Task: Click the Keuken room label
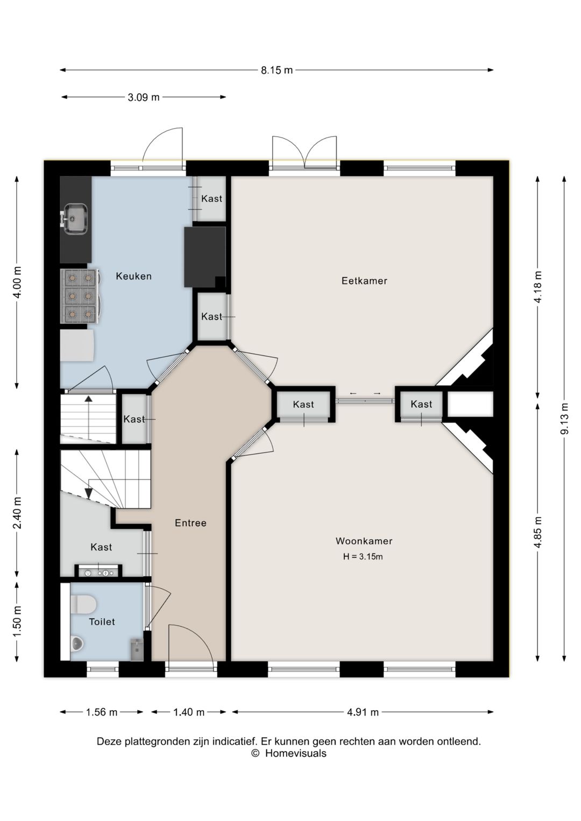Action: point(134,276)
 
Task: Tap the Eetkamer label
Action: point(364,281)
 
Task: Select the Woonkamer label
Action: point(364,541)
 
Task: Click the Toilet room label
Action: point(102,621)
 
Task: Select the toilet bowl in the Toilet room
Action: point(84,604)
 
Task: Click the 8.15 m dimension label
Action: point(277,70)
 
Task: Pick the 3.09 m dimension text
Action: point(144,97)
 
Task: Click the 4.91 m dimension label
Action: point(363,712)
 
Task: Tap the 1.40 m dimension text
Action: point(189,712)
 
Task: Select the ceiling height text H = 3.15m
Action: point(363,556)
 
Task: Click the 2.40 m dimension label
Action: point(17,513)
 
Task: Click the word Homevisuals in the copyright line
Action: point(296,753)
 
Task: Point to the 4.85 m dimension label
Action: point(538,532)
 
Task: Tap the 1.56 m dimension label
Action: point(102,712)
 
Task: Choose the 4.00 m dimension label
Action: point(17,282)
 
